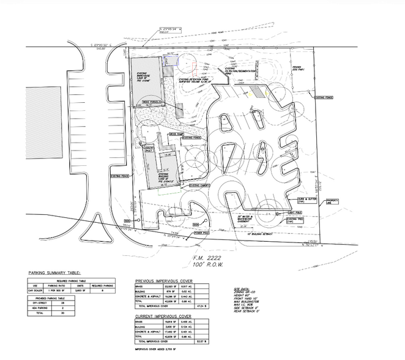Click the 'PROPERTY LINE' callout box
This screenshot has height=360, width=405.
tap(333, 201)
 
